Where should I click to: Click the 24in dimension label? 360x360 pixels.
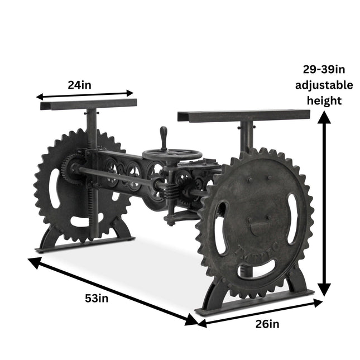[79, 85]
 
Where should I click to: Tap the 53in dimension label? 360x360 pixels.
[97, 299]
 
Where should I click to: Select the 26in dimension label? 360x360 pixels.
[267, 324]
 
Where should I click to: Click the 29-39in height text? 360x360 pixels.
[324, 69]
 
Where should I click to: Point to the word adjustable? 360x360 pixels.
[324, 85]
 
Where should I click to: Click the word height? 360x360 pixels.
[324, 101]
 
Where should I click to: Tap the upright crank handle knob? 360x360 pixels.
[163, 138]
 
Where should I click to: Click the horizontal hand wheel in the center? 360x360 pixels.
[172, 155]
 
